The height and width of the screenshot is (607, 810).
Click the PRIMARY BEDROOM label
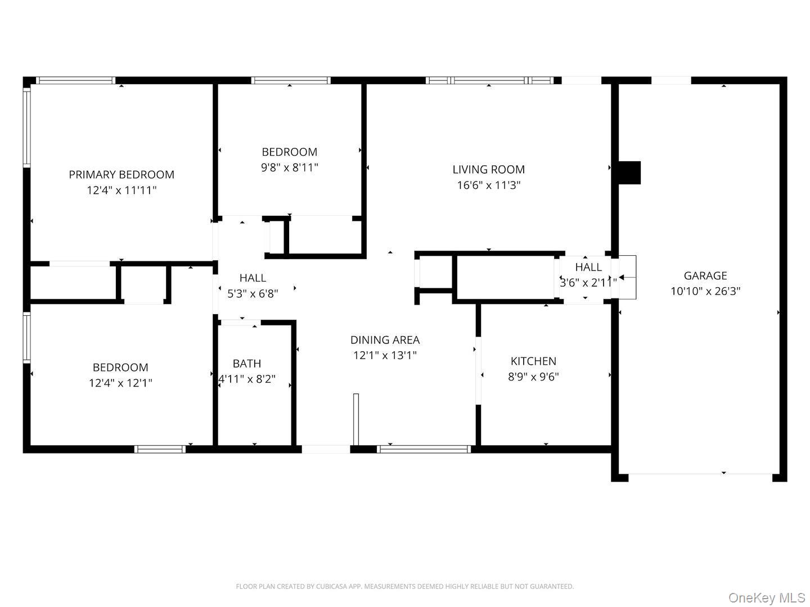tap(121, 174)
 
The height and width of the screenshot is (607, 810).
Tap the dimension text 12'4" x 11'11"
tap(121, 190)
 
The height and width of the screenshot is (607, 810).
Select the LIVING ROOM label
tap(488, 169)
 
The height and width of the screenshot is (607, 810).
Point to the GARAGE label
tap(705, 275)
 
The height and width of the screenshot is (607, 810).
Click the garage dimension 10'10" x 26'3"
tap(705, 291)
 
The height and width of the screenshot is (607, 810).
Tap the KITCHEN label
tap(533, 361)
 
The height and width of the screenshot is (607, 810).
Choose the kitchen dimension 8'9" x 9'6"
tap(533, 377)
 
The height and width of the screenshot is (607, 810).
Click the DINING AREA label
tap(385, 339)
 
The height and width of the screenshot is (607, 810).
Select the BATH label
tap(246, 363)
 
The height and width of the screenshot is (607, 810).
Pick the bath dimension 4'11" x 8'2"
tap(246, 379)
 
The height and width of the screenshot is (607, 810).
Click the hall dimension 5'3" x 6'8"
tap(253, 293)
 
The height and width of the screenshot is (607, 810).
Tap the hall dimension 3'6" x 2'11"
tap(588, 282)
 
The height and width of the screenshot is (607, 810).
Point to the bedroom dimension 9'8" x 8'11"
tap(289, 167)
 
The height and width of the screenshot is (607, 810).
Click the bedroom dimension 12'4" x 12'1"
tap(120, 383)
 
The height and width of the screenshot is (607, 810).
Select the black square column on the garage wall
tap(629, 173)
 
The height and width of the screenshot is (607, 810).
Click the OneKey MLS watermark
tap(767, 597)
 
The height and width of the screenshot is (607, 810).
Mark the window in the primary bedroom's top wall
tap(75, 80)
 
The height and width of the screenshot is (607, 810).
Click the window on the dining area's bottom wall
tap(424, 449)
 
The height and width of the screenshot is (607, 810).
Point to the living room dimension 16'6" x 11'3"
tap(488, 185)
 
